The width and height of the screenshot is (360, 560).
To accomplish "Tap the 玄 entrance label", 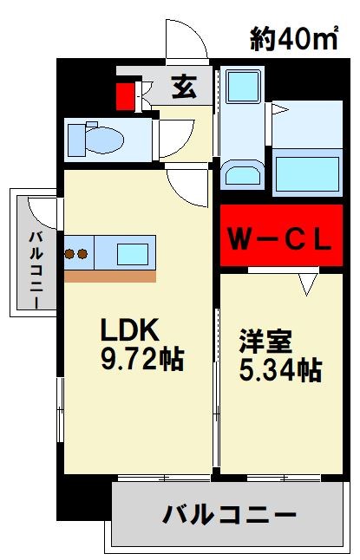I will (182, 88).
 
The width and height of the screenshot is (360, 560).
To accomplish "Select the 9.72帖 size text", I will (141, 358).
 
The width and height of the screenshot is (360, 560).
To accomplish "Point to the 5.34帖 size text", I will (280, 370).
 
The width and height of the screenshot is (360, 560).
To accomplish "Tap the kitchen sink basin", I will (133, 253).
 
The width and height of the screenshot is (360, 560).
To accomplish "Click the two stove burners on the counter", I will (76, 254).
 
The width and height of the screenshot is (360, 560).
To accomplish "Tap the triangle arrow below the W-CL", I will (306, 282).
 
